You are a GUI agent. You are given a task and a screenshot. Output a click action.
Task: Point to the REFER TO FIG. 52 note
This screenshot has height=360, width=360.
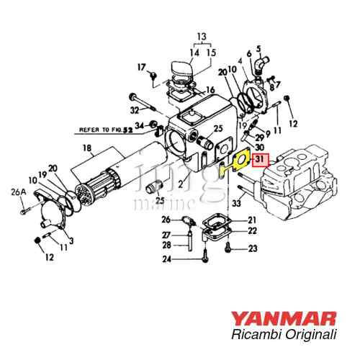pos(105,131)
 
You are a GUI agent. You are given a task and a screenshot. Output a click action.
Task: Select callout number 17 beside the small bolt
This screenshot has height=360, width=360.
pos(142,67)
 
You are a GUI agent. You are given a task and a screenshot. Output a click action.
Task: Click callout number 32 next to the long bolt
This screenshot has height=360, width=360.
pos(134,110)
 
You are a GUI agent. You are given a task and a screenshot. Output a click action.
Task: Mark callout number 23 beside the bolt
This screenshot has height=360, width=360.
pos(252,248)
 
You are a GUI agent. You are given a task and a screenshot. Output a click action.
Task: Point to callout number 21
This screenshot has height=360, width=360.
pos(252,220)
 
